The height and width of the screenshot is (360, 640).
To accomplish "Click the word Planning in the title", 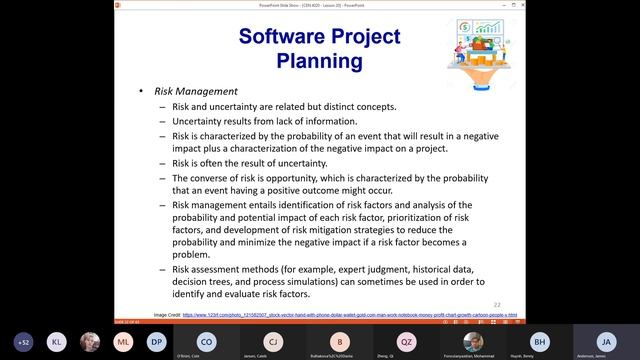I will coord(319,61).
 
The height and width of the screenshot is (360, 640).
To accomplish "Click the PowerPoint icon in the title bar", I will coord(5,4).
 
